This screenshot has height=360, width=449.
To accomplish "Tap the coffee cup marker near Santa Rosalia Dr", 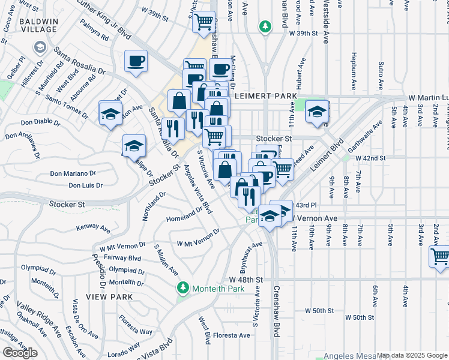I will tap(136, 61).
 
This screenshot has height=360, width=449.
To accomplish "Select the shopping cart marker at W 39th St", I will tap(204, 22).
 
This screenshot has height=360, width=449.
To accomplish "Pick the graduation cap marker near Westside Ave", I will tap(316, 112).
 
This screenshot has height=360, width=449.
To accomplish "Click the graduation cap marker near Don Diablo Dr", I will tap(110, 113).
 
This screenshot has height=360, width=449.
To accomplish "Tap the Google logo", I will tap(20, 353).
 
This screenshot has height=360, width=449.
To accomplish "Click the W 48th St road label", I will tap(246, 280).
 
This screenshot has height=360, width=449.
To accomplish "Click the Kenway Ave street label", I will tap(94, 228).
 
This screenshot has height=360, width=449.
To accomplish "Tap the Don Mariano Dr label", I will tap(73, 173).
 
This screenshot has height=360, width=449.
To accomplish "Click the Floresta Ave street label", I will tap(231, 335).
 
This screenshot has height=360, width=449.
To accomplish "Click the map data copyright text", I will tap(412, 355).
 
